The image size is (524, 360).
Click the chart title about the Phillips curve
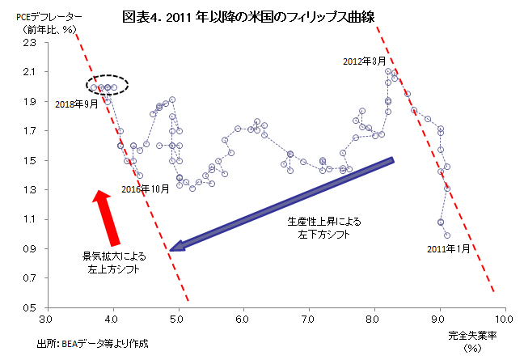(260, 15)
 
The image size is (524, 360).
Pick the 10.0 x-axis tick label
(505, 318)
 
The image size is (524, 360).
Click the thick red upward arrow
(108, 217)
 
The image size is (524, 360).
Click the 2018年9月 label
(77, 104)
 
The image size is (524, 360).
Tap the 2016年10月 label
(145, 188)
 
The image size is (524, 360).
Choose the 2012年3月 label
(365, 61)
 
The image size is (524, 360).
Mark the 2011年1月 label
(447, 249)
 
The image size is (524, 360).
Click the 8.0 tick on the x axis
(374, 318)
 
